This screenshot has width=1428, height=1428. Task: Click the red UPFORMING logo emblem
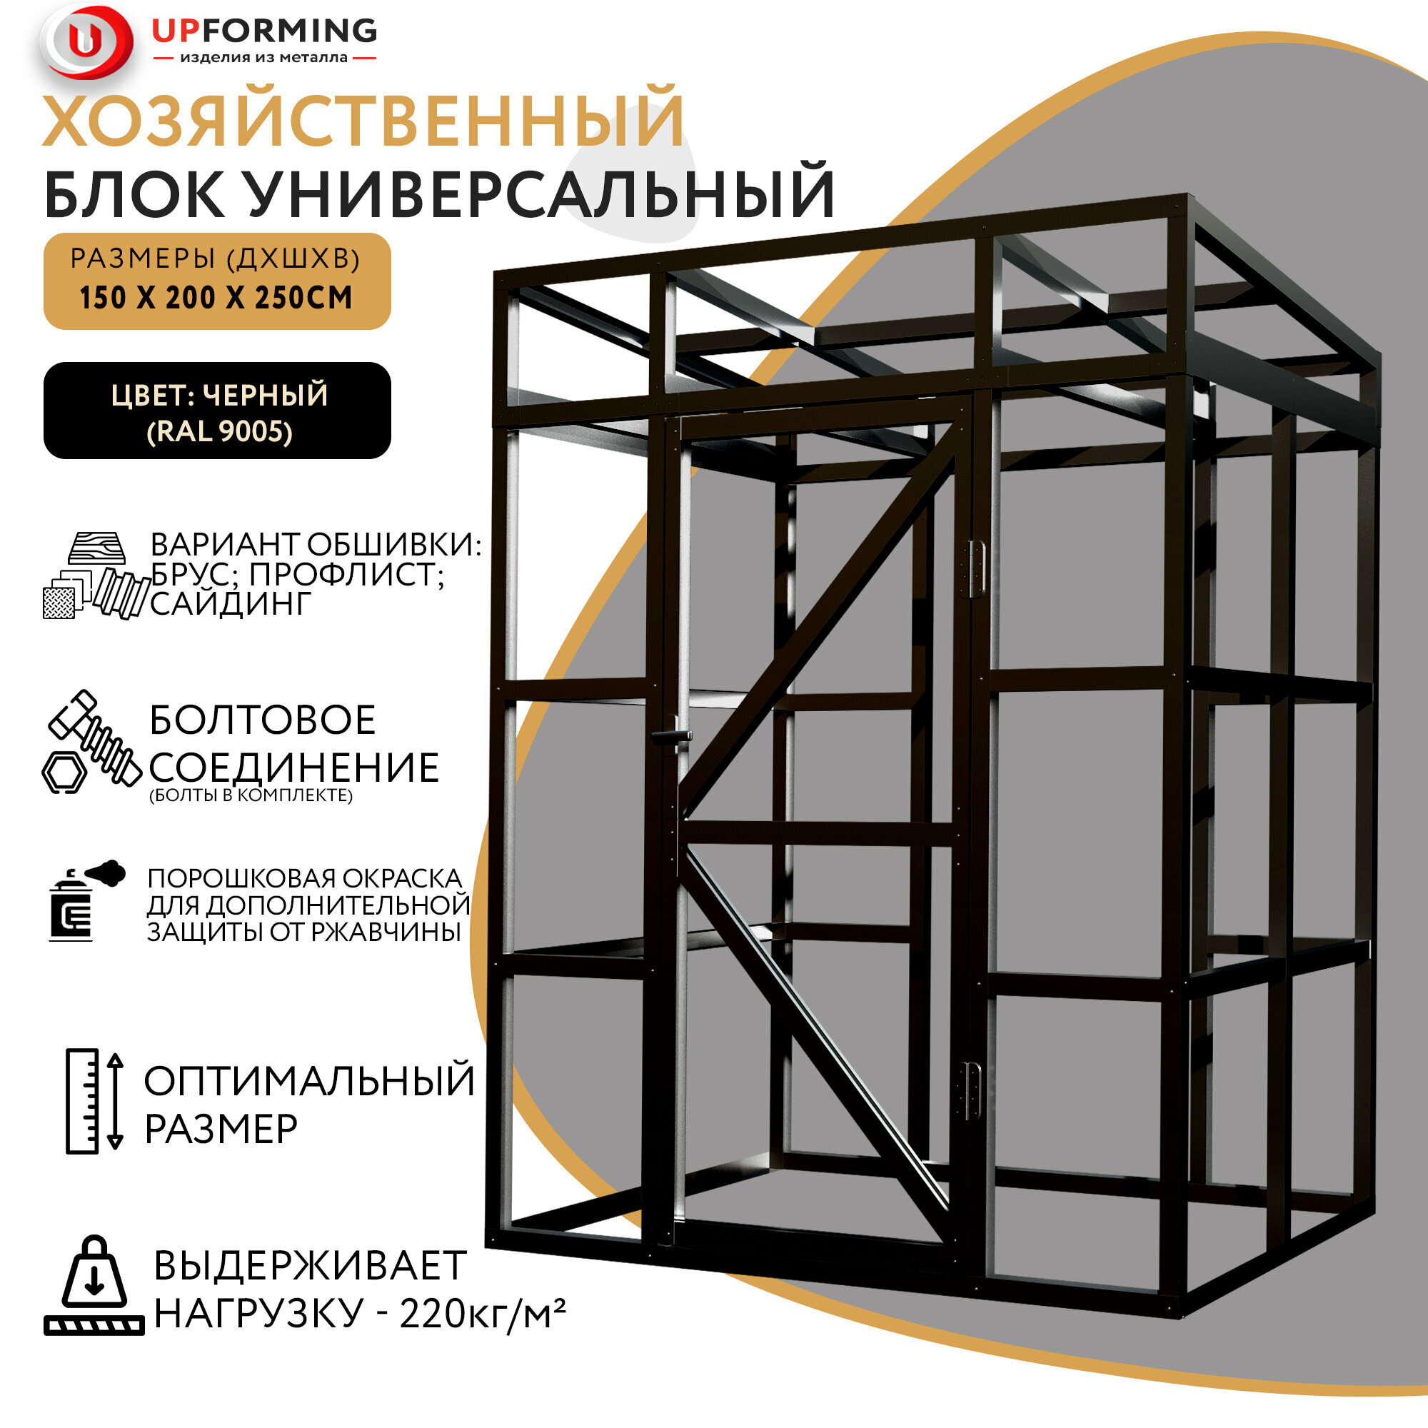pos(87,42)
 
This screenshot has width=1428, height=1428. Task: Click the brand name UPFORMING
pos(264,30)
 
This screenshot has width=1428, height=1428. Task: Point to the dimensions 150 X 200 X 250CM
pos(216,298)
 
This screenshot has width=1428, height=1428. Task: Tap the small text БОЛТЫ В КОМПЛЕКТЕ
pos(251,795)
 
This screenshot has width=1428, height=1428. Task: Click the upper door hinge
pos(975,568)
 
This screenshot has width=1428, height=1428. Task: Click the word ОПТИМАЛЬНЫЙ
pos(309,1081)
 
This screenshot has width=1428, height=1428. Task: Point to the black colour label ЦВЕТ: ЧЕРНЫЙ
pos(219,396)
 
